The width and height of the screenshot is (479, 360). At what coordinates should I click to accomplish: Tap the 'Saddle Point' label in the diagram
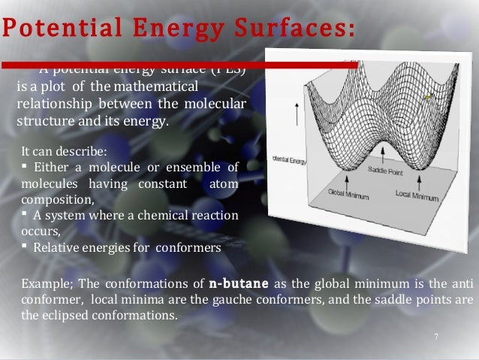tap(384, 171)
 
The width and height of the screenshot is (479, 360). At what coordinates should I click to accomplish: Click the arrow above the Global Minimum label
tap(346, 180)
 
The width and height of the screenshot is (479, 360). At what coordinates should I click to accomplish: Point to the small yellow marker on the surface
tap(428, 97)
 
